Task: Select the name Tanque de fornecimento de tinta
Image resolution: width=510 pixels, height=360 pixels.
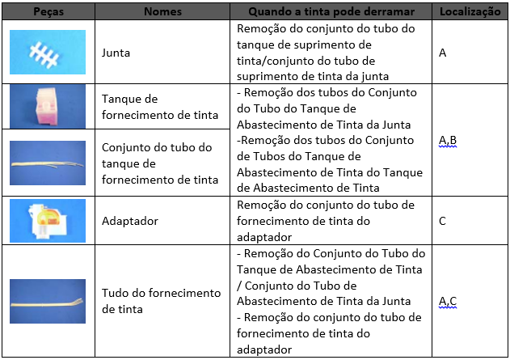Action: (160, 107)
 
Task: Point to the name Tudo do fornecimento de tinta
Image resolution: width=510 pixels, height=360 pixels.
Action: (161, 300)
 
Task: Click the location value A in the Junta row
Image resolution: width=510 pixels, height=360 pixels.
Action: (442, 53)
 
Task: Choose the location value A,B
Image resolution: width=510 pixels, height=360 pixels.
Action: (448, 141)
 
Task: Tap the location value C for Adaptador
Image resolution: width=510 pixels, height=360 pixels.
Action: (442, 219)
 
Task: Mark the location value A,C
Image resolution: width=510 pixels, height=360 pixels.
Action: (448, 302)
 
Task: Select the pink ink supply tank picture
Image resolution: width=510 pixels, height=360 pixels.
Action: (48, 106)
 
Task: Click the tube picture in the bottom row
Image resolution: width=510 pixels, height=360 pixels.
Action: (48, 302)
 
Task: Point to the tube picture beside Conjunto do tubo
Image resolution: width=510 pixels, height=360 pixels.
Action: (48, 162)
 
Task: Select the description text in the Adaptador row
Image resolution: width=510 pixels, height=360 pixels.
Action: (325, 219)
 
